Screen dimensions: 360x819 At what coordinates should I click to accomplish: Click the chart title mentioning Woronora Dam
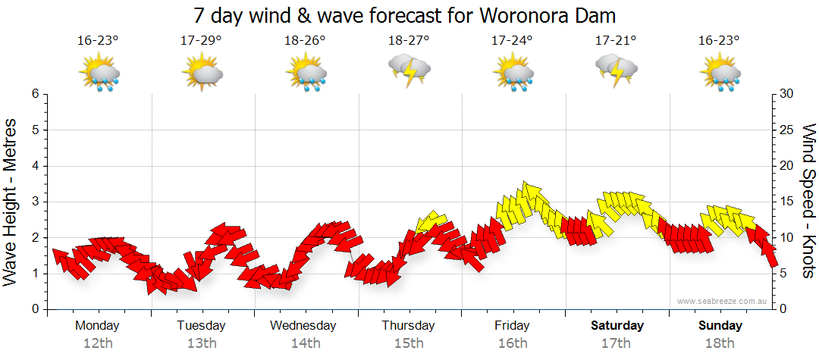[404, 15]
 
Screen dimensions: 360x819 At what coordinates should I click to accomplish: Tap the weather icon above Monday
[99, 74]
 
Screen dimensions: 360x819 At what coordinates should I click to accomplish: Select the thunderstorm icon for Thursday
[409, 70]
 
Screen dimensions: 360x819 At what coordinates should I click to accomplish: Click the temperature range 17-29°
[202, 40]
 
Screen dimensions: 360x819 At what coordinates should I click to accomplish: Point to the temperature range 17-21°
[616, 40]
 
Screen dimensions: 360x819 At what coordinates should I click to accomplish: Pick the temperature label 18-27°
[409, 40]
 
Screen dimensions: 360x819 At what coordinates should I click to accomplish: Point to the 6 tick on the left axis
[34, 94]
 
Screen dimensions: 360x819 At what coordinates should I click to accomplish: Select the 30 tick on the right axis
[787, 94]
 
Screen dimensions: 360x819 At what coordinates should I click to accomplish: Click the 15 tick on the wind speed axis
[787, 202]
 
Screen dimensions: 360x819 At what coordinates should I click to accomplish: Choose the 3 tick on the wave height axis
[34, 202]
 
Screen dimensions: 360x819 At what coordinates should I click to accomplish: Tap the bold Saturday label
[617, 326]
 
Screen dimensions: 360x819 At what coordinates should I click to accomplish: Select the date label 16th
[513, 343]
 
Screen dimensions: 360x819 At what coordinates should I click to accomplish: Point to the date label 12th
[98, 343]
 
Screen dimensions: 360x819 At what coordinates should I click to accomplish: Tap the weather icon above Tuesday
[202, 74]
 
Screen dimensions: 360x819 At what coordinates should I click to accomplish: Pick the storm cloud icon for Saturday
[616, 70]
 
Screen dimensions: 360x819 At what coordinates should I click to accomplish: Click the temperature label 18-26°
[306, 40]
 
